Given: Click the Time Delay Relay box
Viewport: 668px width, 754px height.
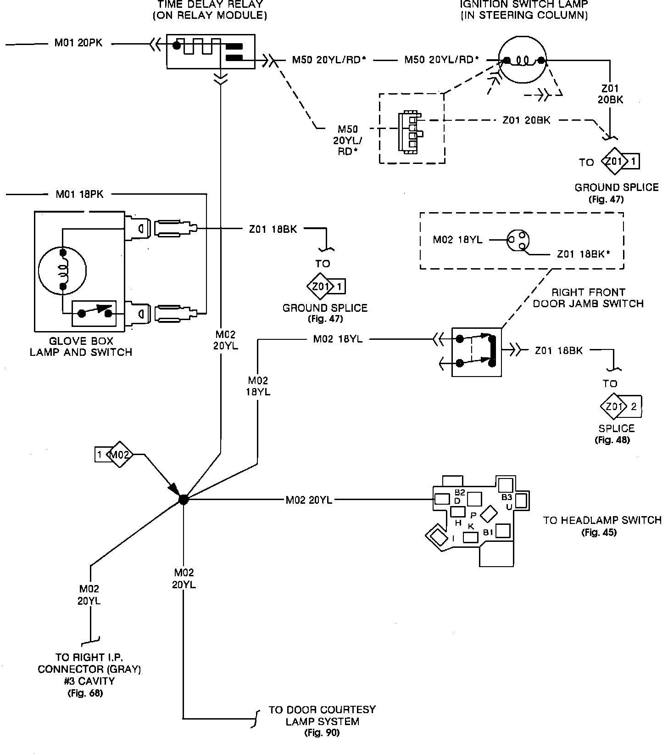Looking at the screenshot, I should click(x=210, y=51).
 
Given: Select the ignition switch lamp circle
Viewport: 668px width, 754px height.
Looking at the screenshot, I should click(x=523, y=60).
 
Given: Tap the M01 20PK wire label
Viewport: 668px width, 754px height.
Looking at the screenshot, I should click(x=78, y=43).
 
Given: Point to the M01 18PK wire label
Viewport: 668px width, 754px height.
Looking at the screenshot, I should click(x=80, y=194).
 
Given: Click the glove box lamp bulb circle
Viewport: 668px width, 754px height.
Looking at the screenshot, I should click(x=62, y=270).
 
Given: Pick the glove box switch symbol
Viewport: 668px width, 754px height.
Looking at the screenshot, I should click(x=95, y=314).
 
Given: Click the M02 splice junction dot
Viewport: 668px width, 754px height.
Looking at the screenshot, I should click(x=183, y=500).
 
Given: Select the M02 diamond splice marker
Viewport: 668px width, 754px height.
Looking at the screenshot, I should click(x=120, y=455).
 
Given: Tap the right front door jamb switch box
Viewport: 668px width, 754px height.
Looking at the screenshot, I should click(x=476, y=352).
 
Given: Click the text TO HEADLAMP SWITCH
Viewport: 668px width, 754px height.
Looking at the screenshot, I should click(x=602, y=520).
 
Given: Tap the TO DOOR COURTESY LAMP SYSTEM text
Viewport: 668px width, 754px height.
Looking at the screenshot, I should click(x=322, y=715).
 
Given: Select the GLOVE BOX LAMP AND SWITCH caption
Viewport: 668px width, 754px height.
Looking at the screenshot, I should click(x=81, y=347).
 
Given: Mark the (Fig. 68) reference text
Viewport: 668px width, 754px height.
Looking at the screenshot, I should click(x=85, y=693).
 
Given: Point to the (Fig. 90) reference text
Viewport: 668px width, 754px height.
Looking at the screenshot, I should click(x=322, y=733).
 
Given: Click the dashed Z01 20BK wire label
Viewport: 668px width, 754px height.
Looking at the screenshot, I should click(x=526, y=120).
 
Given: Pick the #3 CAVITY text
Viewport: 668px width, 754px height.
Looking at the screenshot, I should click(x=89, y=681).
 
